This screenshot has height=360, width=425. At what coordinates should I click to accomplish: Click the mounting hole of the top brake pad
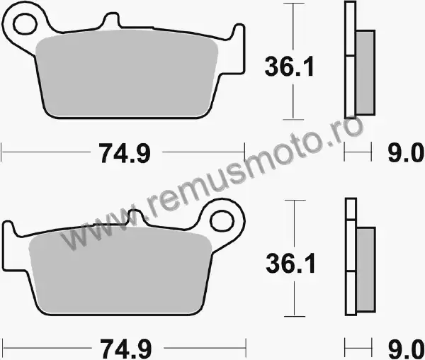25,24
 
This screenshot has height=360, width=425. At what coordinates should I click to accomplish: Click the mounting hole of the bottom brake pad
222,221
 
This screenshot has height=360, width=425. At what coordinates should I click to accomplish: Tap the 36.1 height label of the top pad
289,67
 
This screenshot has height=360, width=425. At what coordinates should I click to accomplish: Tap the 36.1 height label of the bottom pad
290,264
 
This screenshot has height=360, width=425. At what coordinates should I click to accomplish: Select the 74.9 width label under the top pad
125,154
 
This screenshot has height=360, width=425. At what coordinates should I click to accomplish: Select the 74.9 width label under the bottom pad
126,349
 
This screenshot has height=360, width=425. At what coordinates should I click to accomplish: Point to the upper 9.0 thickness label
405,154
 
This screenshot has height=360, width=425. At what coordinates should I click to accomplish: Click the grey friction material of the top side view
365,73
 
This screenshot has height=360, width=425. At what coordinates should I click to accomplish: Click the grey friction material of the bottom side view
365,269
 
